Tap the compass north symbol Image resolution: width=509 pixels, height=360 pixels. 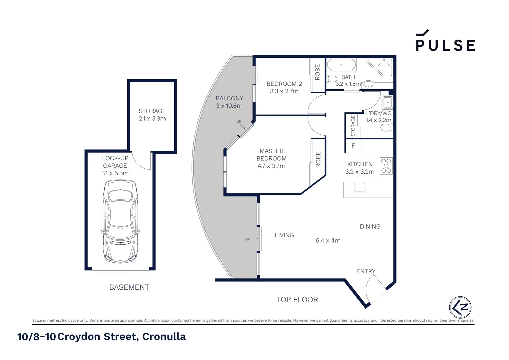pyautogui.click(x=460, y=307)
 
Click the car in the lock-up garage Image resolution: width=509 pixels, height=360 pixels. pyautogui.click(x=120, y=221)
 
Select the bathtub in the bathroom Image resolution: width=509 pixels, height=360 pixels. pyautogui.click(x=341, y=64)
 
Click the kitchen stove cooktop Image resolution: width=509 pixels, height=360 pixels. pyautogui.click(x=386, y=166)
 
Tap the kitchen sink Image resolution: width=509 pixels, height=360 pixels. pyautogui.click(x=359, y=187)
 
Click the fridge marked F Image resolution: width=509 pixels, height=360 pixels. pyautogui.click(x=353, y=146)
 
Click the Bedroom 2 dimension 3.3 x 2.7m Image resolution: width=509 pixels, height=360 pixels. pyautogui.click(x=284, y=91)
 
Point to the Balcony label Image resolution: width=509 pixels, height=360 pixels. pyautogui.click(x=229, y=98)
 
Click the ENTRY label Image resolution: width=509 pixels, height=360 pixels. pyautogui.click(x=366, y=271)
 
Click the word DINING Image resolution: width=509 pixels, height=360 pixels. pyautogui.click(x=370, y=227)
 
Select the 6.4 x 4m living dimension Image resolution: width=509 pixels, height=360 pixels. pyautogui.click(x=328, y=241)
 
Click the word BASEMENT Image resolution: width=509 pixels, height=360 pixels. pyautogui.click(x=129, y=287)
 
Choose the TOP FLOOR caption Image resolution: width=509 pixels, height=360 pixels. pyautogui.click(x=297, y=300)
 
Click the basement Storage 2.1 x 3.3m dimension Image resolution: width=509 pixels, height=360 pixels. pyautogui.click(x=152, y=119)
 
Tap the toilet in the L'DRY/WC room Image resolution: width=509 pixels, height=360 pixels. pyautogui.click(x=386, y=128)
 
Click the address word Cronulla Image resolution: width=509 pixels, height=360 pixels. pyautogui.click(x=164, y=337)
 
